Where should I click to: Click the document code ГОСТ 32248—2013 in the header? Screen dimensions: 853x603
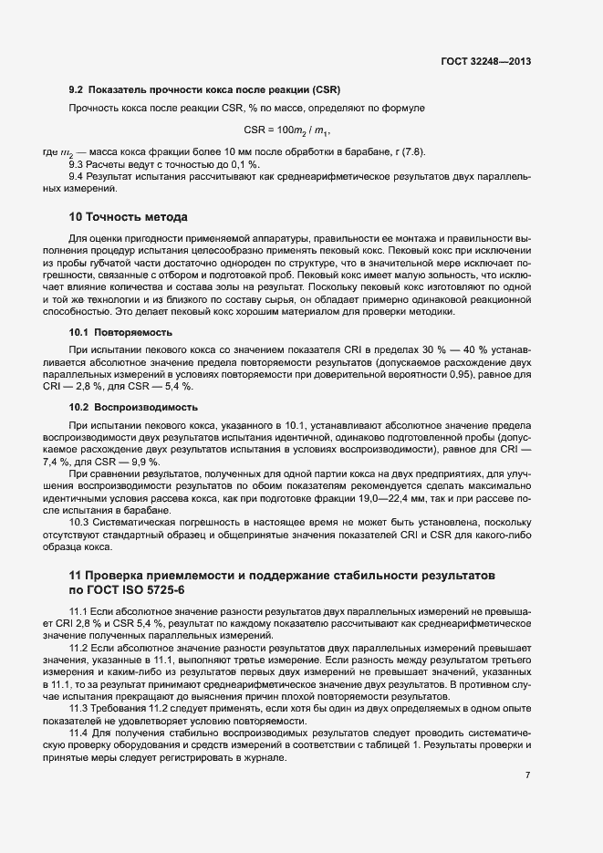[484, 62]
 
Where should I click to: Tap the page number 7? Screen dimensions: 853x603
[527, 775]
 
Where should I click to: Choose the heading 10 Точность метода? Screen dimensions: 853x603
[129, 217]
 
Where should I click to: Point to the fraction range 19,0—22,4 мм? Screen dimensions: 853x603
[403, 499]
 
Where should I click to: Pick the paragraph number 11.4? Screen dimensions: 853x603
[79, 733]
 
